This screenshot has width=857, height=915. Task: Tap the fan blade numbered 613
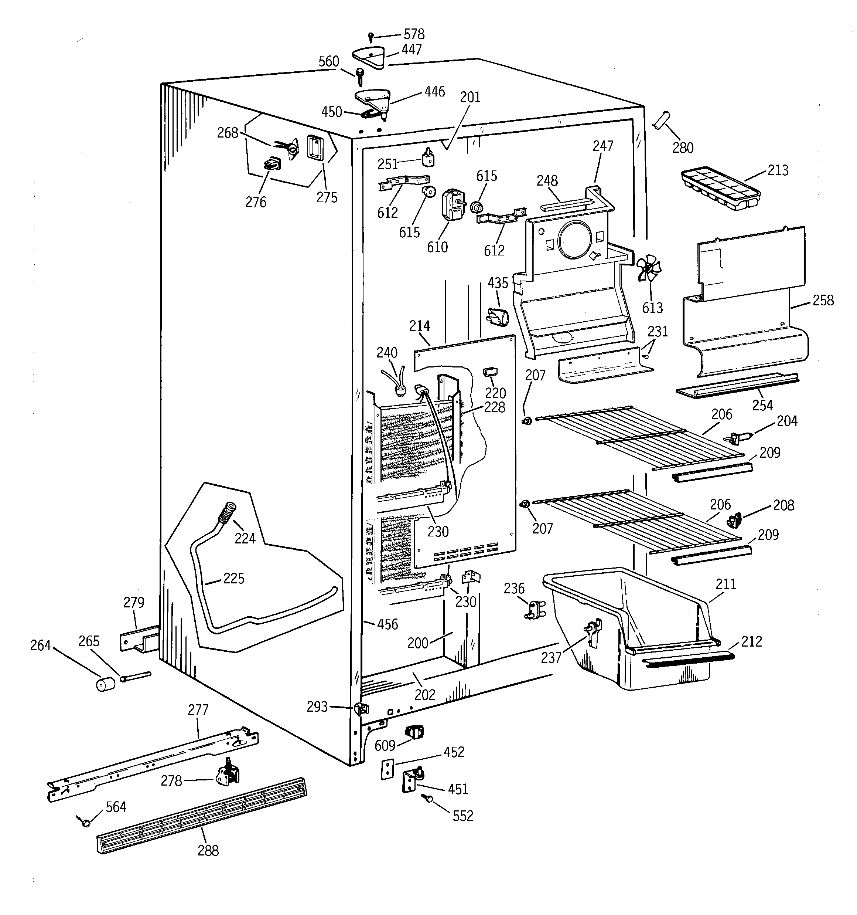649,269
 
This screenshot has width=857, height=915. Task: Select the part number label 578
414,34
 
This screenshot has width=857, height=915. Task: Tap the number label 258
823,300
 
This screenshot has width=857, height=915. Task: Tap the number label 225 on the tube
234,579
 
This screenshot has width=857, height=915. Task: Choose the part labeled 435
497,317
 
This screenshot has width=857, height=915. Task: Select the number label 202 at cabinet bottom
424,695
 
